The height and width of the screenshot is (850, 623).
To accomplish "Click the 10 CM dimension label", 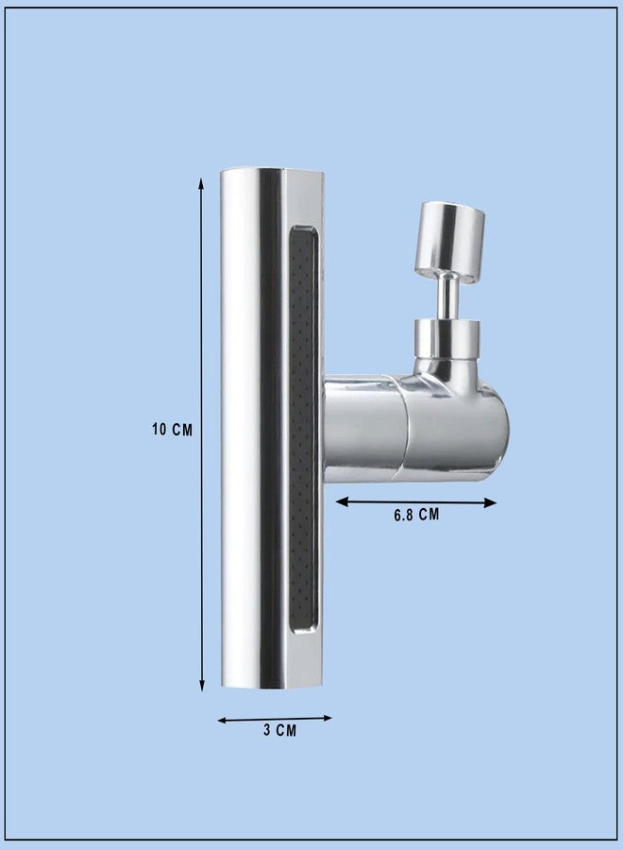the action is click(x=173, y=430).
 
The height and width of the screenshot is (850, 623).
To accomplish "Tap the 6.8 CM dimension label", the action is click(x=416, y=515).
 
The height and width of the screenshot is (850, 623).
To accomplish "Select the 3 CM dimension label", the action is click(x=280, y=730).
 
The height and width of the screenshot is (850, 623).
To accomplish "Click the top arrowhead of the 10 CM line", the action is click(x=201, y=184).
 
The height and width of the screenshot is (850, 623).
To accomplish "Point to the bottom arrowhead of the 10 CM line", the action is click(x=201, y=686).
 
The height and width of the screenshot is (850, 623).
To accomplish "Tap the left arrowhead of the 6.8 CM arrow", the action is click(x=342, y=502).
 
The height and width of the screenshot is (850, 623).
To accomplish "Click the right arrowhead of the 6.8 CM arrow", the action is click(x=490, y=502).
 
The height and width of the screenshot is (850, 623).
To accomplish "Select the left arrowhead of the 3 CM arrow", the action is click(x=222, y=721).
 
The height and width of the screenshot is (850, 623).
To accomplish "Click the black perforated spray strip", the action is click(x=302, y=430).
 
